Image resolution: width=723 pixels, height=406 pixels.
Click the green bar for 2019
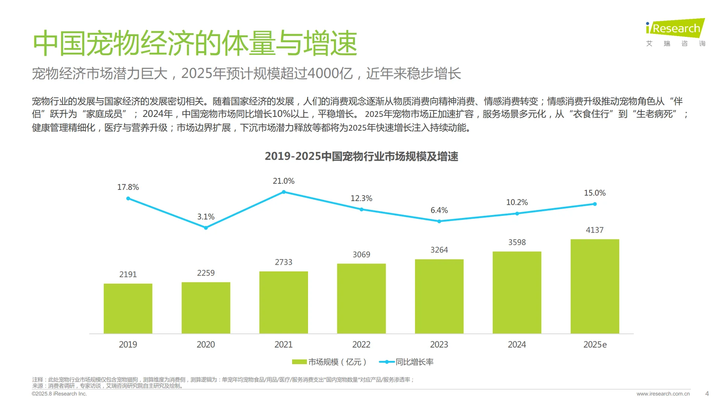(128, 308)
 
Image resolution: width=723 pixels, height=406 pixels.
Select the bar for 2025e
(595, 286)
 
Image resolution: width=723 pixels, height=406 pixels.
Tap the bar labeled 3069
(361, 298)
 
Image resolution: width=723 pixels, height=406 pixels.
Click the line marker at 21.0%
(284, 192)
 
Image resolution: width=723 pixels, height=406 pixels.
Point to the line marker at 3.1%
(206, 228)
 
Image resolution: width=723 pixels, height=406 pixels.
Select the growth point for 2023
(439, 221)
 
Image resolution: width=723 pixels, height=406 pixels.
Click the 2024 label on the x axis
(517, 344)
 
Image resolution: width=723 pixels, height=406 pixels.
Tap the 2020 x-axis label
(206, 344)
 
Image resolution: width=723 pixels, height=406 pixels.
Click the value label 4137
(595, 230)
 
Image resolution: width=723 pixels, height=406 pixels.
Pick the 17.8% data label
(128, 187)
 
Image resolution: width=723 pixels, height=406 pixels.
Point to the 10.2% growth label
(517, 202)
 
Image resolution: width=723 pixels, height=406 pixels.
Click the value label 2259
(206, 273)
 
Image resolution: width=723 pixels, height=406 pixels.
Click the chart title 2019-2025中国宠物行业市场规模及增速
(361, 156)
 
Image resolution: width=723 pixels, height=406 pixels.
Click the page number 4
(707, 394)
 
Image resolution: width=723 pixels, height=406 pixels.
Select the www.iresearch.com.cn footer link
(663, 394)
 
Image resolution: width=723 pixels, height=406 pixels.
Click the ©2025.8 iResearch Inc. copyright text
(59, 394)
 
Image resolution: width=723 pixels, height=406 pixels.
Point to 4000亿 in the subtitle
(330, 73)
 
